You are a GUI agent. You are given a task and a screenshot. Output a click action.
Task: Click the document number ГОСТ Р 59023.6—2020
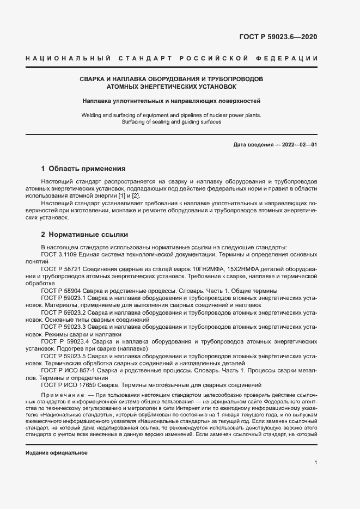[x=278, y=37]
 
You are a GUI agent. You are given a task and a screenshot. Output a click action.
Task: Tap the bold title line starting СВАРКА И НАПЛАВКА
[x=171, y=79]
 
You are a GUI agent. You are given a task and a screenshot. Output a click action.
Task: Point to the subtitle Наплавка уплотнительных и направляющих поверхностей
[x=172, y=101]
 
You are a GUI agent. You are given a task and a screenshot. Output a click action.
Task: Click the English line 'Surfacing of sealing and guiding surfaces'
[x=171, y=122]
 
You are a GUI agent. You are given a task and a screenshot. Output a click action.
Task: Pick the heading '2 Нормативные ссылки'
[x=84, y=235]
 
